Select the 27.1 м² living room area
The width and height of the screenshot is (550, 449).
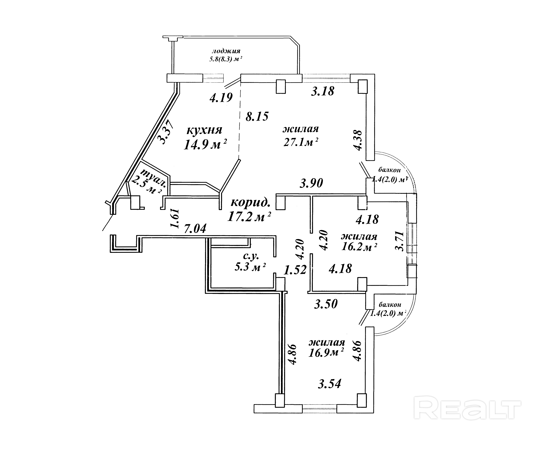pyautogui.click(x=301, y=142)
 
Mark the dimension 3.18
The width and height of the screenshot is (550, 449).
pyautogui.click(x=323, y=91)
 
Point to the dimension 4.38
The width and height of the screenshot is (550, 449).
pyautogui.click(x=358, y=140)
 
